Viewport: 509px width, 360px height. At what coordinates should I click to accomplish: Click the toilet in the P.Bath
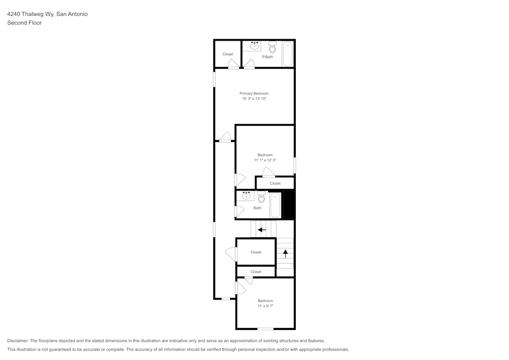(273, 47)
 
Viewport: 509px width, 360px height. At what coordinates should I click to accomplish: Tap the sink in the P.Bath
(255, 46)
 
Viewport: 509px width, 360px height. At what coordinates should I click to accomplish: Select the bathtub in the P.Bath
(288, 53)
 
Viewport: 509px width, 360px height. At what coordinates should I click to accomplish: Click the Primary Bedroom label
(254, 94)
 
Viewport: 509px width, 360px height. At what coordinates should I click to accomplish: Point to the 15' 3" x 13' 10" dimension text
(254, 99)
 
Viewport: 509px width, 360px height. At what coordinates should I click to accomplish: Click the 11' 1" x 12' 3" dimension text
(265, 160)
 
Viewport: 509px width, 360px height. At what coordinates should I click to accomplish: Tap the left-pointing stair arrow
(262, 230)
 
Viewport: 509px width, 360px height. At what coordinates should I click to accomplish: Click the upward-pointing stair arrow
(286, 254)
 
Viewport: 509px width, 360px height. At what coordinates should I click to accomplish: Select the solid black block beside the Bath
(289, 205)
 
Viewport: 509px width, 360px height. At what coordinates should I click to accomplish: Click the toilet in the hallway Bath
(261, 197)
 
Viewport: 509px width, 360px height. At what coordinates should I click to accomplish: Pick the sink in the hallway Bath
(246, 196)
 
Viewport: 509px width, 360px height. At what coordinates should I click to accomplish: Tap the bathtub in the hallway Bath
(275, 205)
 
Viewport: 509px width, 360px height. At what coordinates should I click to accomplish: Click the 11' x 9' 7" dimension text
(266, 306)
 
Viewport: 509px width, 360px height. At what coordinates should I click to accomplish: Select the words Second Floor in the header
(24, 23)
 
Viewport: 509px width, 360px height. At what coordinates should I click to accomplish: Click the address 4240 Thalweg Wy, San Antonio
(47, 14)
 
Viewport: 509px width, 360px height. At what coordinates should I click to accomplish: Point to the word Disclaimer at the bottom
(17, 341)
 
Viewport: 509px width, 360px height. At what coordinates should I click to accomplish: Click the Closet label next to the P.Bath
(228, 54)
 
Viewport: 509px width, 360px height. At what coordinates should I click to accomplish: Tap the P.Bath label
(268, 57)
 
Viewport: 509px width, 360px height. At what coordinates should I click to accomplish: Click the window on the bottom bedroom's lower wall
(266, 329)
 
